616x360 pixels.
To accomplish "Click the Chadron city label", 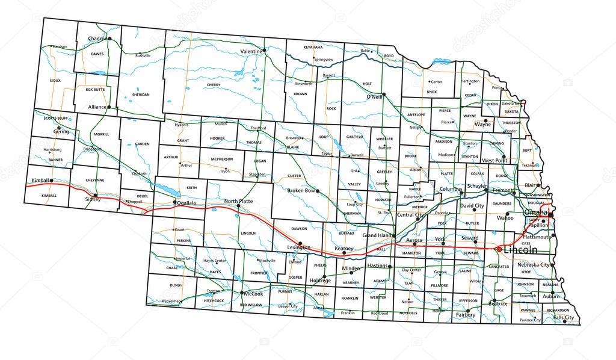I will (96, 39).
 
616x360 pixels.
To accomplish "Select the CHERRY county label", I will (213, 85).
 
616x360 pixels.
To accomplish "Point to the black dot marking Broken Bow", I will (318, 191).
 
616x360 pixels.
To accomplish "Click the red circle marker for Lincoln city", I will (498, 249).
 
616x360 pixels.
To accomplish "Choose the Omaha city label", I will (536, 213).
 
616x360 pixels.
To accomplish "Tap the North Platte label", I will (238, 200).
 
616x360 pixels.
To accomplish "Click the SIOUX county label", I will (55, 80).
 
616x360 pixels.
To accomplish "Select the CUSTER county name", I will (294, 176).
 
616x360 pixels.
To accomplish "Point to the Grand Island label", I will (377, 235).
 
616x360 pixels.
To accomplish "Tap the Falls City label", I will (564, 318).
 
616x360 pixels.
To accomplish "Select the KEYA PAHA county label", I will (313, 46).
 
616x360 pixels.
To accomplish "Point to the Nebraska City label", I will (534, 265).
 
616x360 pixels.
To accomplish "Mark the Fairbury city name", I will (465, 315).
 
